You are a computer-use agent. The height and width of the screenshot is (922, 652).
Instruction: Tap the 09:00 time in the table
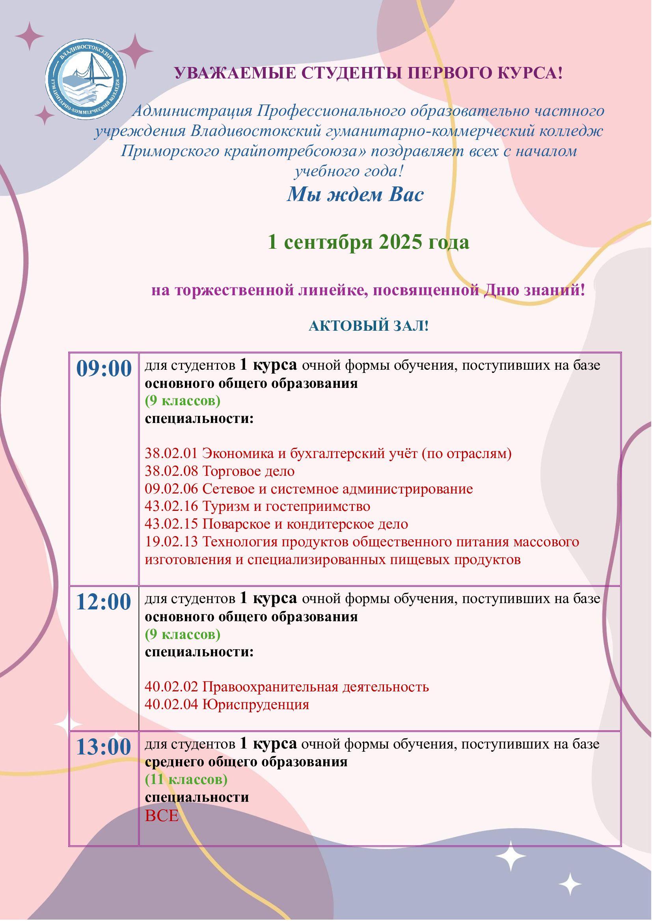point(104,369)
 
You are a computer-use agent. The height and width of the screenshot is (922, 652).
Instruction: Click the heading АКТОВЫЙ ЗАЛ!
point(368,326)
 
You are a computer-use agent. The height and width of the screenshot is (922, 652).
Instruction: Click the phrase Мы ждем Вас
point(355,195)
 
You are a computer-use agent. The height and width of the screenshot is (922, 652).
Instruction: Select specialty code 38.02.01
point(171,454)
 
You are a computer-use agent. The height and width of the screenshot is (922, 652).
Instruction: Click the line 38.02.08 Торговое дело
point(220,471)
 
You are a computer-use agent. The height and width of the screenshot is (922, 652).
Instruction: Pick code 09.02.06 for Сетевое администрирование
point(171,489)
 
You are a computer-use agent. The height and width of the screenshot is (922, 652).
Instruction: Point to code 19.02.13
point(171,542)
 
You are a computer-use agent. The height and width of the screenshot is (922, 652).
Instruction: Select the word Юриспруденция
point(256,704)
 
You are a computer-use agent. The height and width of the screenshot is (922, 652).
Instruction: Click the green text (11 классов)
point(186,779)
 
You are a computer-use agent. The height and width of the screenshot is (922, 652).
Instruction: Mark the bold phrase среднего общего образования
point(246,762)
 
